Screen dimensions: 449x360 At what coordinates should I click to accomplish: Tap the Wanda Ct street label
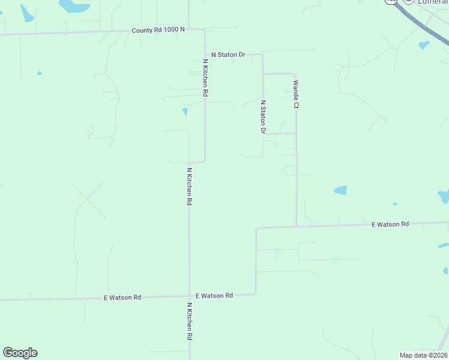296,94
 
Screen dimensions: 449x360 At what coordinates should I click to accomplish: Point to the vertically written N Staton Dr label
263,116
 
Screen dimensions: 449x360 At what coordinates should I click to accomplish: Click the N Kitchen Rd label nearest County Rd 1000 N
205,78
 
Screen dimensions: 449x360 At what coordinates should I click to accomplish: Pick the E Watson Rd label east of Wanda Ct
390,224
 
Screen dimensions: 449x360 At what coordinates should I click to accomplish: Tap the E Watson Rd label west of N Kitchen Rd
122,297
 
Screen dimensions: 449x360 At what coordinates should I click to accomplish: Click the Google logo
20,353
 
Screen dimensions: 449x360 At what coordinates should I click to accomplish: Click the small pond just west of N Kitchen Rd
185,112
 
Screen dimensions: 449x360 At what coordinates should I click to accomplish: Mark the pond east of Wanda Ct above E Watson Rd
341,190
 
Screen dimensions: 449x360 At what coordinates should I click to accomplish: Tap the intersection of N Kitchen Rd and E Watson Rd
190,296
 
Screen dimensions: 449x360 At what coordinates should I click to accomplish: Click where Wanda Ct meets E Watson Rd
297,226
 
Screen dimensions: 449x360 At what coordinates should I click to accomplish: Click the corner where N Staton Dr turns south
263,55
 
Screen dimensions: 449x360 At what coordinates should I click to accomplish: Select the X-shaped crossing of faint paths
89,199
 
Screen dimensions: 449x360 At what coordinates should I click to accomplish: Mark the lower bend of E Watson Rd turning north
256,293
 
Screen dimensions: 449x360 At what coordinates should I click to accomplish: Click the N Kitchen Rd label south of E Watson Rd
190,322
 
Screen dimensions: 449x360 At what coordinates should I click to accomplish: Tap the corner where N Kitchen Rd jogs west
205,161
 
